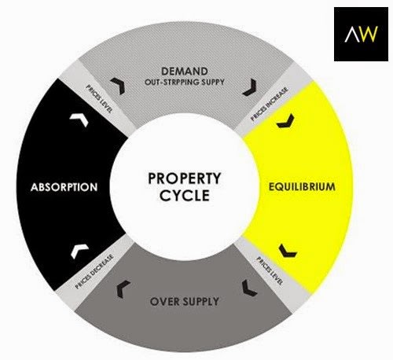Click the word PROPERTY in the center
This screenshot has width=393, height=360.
pos(185,178)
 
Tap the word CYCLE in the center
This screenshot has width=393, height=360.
pos(185,195)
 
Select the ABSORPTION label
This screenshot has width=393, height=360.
pos(64,187)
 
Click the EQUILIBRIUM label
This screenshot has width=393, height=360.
pos(302,187)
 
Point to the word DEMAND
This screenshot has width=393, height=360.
pos(185,72)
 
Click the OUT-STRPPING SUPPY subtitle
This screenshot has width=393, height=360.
pos(185,82)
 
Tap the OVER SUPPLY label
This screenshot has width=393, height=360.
pos(185,302)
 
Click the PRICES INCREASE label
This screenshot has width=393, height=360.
pos(270,104)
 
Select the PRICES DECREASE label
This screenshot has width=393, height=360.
pos(94,271)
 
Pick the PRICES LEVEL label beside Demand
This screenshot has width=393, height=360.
pos(100,98)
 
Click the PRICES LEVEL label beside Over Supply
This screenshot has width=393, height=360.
pos(270,271)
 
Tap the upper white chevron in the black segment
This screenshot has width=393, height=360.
pos(79,119)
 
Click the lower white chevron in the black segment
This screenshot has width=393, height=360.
pos(79,250)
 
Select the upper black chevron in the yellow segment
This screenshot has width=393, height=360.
pos(285,122)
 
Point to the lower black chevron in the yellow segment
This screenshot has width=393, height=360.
pos(287,252)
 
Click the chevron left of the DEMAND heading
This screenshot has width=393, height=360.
pos(119,86)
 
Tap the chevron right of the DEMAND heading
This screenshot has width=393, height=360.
pos(250,87)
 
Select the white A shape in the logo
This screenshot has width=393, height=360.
pos(351,34)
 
